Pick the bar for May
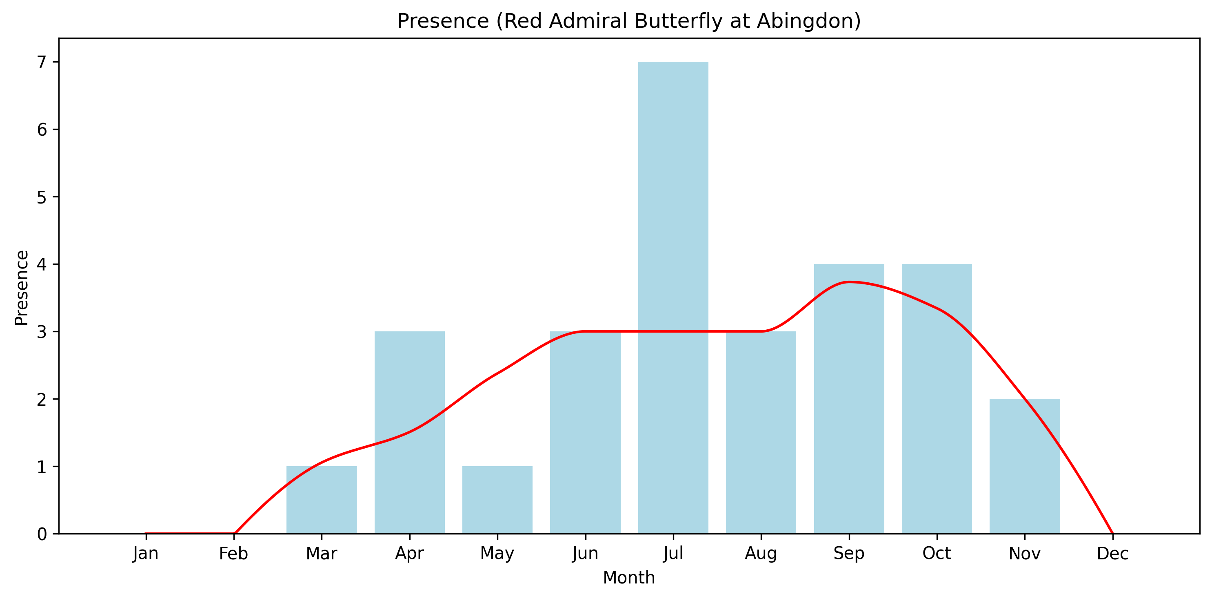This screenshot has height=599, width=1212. [x=497, y=500]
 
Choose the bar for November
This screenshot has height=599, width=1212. [x=1025, y=466]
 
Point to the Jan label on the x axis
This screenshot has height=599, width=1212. [x=146, y=553]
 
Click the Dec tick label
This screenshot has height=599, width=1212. [x=1113, y=553]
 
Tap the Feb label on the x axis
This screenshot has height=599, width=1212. [x=233, y=553]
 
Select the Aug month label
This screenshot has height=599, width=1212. [x=761, y=553]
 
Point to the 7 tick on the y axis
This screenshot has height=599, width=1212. [x=42, y=62]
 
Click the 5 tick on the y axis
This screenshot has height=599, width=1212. [x=42, y=197]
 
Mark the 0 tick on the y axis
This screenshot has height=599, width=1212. [x=42, y=534]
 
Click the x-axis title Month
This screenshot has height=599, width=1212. [x=629, y=578]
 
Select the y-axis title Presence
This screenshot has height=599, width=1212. [x=22, y=288]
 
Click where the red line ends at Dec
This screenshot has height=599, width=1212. [x=1112, y=533]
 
